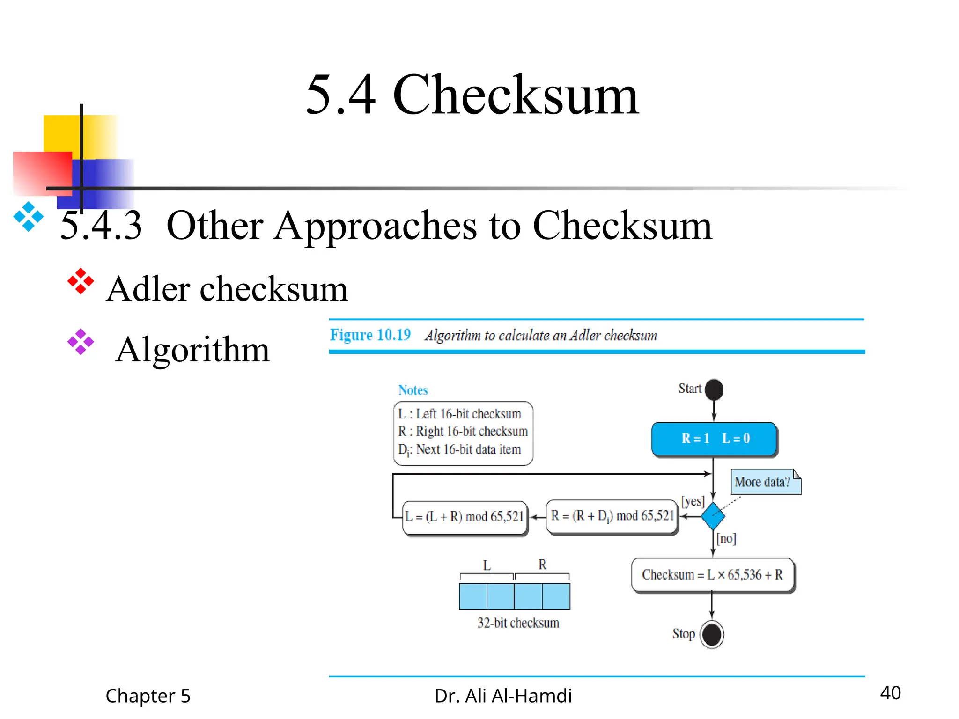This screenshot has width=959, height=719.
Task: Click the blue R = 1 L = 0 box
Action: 714,439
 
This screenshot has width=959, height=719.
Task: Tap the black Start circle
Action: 714,389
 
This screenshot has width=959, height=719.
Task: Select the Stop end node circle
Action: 712,634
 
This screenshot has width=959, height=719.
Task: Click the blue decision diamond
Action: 713,516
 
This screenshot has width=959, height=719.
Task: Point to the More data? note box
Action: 765,482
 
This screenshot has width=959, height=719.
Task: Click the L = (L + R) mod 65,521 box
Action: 465,517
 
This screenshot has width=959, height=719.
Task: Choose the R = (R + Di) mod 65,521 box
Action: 612,516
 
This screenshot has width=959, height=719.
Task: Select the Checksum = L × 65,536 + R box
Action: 712,575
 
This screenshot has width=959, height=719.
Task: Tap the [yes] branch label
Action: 693,501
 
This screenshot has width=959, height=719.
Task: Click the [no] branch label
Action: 726,538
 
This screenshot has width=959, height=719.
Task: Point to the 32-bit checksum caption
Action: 518,623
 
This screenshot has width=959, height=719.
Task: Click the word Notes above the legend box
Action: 413,390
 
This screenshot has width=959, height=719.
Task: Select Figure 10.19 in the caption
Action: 370,335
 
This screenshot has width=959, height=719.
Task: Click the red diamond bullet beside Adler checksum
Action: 81,281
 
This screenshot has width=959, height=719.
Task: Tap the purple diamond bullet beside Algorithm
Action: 81,342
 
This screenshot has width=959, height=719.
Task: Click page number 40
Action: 890,693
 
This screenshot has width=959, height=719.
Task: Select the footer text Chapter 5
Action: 148,696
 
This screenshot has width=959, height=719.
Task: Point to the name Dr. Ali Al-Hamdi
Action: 503,696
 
